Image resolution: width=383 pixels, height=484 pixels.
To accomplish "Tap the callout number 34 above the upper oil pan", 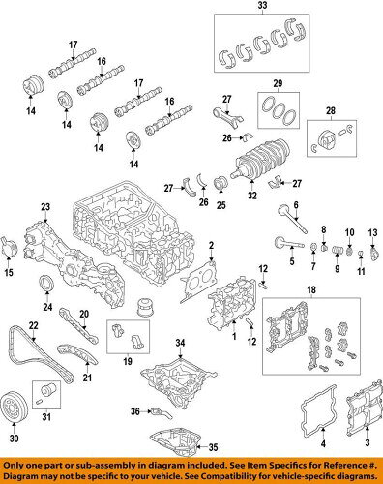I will point(179,344).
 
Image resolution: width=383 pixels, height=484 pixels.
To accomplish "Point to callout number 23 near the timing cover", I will point(44,206).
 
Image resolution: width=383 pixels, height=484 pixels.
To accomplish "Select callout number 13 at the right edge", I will point(373,235).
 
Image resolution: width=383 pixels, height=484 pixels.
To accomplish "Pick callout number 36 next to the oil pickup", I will point(135,412).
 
